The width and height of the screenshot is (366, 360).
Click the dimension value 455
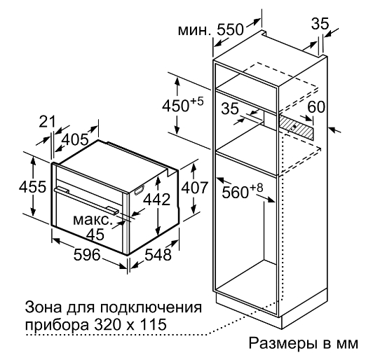tap(32, 187)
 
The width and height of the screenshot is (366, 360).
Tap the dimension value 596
tap(87, 254)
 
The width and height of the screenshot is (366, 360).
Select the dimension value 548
tap(158, 254)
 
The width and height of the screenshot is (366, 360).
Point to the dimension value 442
tap(157, 200)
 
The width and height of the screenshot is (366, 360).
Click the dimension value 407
tap(194, 188)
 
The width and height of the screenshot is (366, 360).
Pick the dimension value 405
tap(76, 140)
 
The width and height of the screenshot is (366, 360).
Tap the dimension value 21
tap(48, 121)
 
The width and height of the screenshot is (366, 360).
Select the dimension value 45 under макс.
tap(95, 234)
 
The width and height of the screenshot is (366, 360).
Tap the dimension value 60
tap(316, 107)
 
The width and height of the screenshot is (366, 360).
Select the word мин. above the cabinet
tap(193, 31)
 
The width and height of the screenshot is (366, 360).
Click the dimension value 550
tap(230, 29)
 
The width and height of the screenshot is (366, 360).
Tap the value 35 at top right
tap(320, 23)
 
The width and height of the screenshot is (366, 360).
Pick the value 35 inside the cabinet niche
tap(230, 109)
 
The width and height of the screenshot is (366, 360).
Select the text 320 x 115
tap(130, 324)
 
